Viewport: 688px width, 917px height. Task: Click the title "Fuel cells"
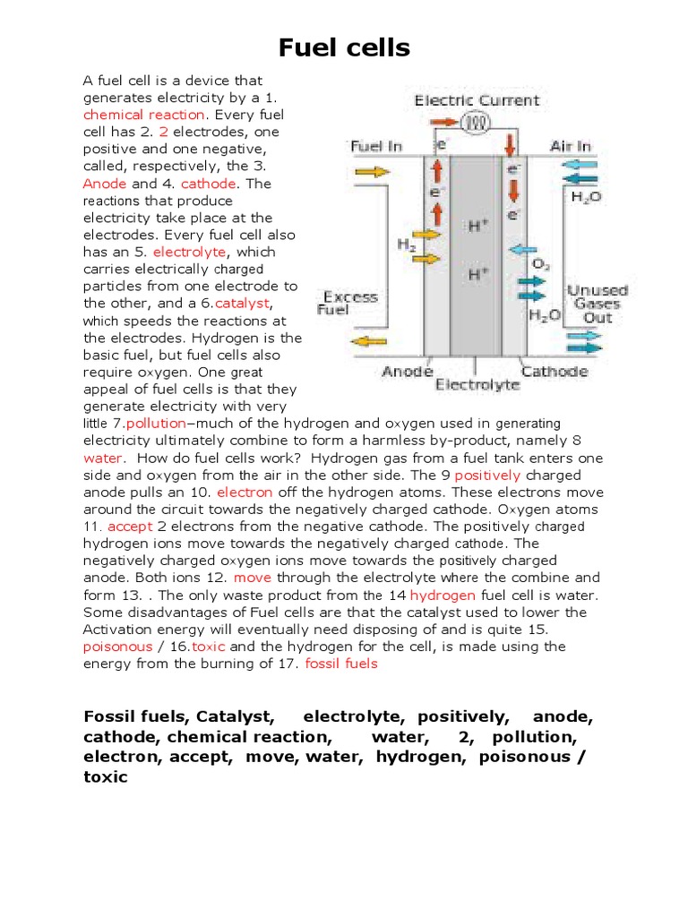pyautogui.click(x=344, y=47)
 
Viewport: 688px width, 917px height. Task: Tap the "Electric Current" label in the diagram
pyautogui.click(x=477, y=100)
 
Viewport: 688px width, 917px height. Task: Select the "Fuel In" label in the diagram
pyautogui.click(x=376, y=146)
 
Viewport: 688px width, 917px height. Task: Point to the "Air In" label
pyautogui.click(x=571, y=146)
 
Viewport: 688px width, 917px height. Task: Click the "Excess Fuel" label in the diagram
pyautogui.click(x=349, y=303)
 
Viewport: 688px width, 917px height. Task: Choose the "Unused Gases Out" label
pyautogui.click(x=598, y=304)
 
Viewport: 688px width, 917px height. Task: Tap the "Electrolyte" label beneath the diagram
pyautogui.click(x=477, y=385)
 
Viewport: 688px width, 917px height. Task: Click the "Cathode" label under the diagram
pyautogui.click(x=555, y=372)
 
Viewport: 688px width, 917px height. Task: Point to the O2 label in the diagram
pyautogui.click(x=541, y=264)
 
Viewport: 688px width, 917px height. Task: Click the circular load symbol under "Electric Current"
pyautogui.click(x=477, y=123)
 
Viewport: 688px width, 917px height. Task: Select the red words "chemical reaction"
pyautogui.click(x=144, y=115)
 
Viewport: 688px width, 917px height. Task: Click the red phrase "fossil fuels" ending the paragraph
pyautogui.click(x=341, y=663)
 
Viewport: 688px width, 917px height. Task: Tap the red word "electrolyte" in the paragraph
pyautogui.click(x=193, y=252)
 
